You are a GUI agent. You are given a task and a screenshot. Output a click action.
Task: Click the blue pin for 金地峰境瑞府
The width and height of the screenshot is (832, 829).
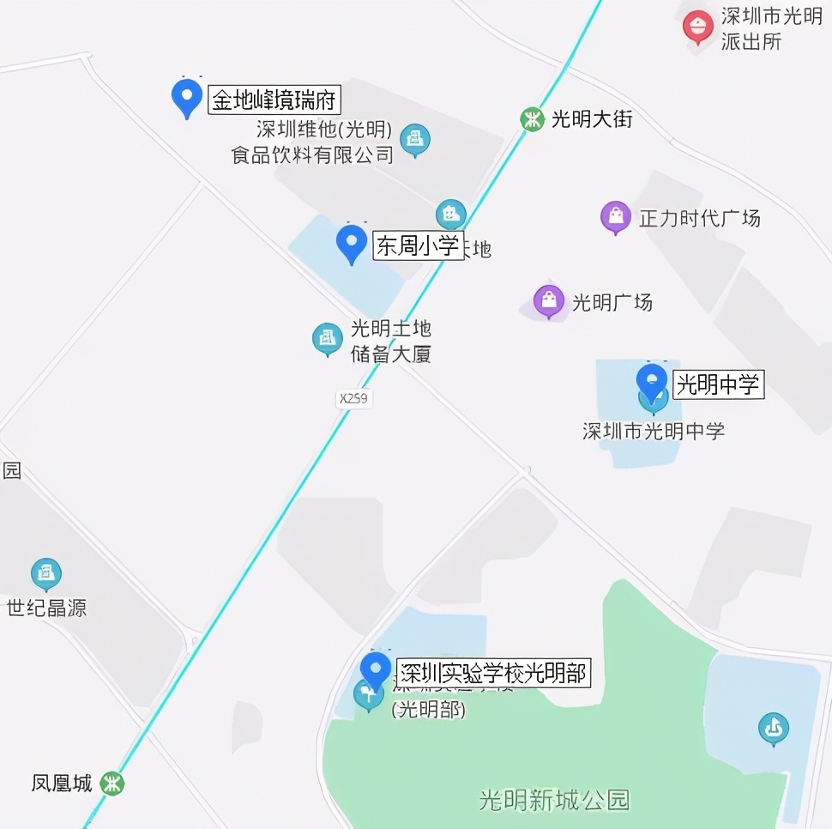point(186,97)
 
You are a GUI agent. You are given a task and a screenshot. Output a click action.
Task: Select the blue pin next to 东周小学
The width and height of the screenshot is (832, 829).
point(351,243)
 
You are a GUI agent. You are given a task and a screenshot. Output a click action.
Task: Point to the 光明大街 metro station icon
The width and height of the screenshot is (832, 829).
point(533,118)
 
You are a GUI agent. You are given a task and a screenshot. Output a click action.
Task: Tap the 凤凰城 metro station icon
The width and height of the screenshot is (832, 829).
point(112,783)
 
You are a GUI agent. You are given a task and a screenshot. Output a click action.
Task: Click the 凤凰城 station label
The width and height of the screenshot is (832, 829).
point(62,784)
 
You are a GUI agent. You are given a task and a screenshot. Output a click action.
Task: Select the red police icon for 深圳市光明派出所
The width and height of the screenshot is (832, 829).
point(697,27)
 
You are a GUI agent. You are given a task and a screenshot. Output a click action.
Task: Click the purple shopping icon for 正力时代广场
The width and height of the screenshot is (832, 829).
point(616,217)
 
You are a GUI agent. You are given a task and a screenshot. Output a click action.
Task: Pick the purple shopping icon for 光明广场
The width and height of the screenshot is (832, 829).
point(549,301)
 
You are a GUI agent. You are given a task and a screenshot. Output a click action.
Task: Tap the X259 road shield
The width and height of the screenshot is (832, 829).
point(355,398)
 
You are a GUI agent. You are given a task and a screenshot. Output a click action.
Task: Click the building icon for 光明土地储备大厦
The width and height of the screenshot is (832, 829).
point(327,339)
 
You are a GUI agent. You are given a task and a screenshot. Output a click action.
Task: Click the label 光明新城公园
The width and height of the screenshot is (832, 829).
point(554,801)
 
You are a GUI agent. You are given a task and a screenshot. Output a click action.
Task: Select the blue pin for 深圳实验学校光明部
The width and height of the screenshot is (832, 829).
point(375,669)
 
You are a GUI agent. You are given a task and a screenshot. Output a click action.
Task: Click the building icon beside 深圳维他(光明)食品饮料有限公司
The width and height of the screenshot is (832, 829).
point(416,139)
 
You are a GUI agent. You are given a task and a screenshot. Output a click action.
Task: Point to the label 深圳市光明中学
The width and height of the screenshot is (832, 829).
point(654,431)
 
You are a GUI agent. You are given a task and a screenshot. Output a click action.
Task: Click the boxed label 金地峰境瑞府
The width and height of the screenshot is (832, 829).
point(274,101)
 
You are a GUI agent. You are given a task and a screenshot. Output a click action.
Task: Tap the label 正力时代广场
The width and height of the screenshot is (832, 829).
point(700,218)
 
